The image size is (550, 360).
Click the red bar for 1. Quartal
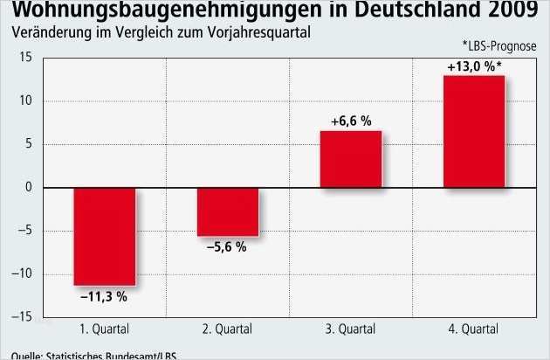pos(104,236)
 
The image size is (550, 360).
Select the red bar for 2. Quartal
pos(228,211)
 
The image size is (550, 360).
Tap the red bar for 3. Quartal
pos(351,159)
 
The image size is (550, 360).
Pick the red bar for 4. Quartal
pos(474,132)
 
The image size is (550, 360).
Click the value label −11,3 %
pos(104,297)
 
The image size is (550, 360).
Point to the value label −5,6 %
pos(227,247)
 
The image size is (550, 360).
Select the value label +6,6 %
pos(351,120)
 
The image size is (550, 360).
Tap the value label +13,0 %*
pos(475,65)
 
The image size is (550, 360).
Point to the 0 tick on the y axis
pos(28,188)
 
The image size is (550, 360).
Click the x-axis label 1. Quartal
pos(104,330)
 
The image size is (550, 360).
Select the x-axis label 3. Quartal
pos(351,330)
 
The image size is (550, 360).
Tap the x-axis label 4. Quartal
pos(474,330)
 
